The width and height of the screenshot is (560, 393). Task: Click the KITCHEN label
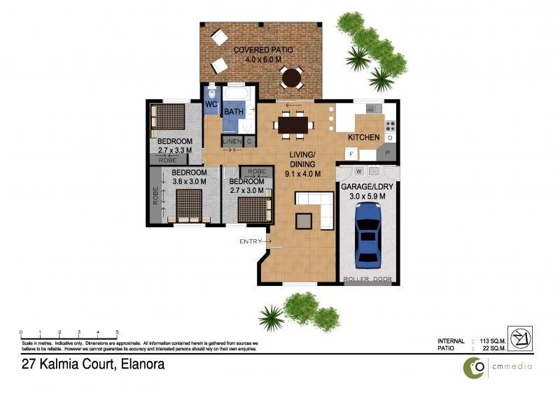tap(364, 137)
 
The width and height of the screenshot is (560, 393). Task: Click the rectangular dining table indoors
tap(293, 124)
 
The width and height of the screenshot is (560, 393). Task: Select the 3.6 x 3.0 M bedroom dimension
tap(189, 181)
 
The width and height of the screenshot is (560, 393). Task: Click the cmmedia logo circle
tap(477, 366)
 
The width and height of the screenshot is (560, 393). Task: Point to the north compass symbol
tap(521, 341)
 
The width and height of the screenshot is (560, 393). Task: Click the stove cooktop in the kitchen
tap(390, 127)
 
